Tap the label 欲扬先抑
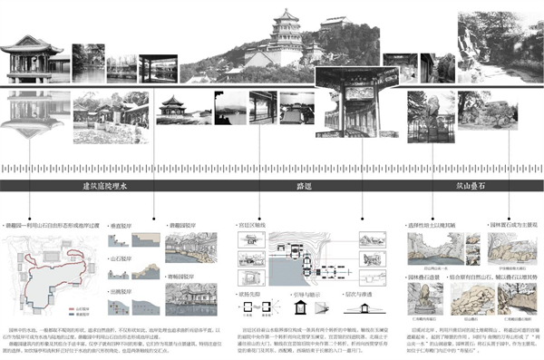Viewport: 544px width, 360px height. (x=249, y=295)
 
